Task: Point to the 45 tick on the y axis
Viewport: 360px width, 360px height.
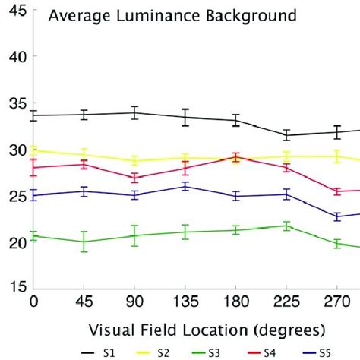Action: [x=17, y=10]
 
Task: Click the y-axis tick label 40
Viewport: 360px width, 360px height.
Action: [x=17, y=56]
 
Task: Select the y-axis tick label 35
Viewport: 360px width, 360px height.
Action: [x=17, y=103]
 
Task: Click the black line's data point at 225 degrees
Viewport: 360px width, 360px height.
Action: [x=286, y=135]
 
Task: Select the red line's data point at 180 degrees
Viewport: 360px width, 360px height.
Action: [x=235, y=158]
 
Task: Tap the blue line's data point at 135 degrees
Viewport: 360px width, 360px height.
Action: [x=185, y=186]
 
